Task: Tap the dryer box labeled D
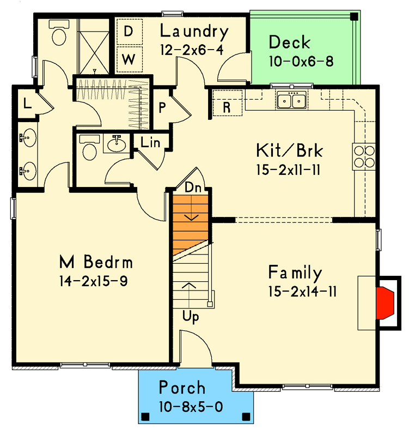coord(129,32)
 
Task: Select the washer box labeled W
coord(129,59)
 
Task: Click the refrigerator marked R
coord(227,107)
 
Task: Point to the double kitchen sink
coord(291,100)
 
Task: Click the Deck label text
coord(290,43)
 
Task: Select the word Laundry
coord(194,32)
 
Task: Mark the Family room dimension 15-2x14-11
coord(302,292)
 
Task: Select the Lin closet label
coord(150,143)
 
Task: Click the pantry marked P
coord(162,107)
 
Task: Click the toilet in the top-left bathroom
coord(57,34)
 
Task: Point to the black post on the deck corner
coord(354,16)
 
